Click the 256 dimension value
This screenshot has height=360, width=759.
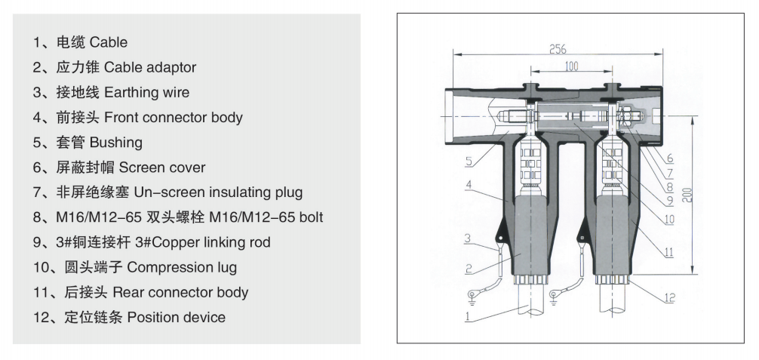click(558, 49)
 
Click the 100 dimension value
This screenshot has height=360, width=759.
click(571, 66)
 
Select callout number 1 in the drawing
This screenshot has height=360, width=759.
click(469, 318)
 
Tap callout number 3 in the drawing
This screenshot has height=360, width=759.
click(467, 239)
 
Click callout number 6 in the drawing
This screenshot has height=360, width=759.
click(668, 158)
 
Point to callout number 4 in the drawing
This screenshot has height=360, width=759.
click(468, 183)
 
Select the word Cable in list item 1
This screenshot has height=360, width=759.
click(109, 42)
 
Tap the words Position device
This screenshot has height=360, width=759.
click(176, 317)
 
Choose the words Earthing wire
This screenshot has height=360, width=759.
click(147, 92)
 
